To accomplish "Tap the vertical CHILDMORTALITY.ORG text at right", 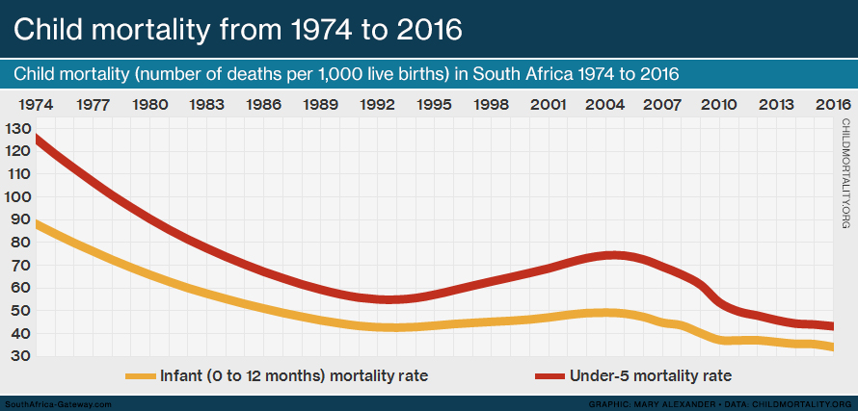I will coord(845,174).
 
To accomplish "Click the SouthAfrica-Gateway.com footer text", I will coord(59,403).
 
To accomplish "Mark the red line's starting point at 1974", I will coord(37,140).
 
